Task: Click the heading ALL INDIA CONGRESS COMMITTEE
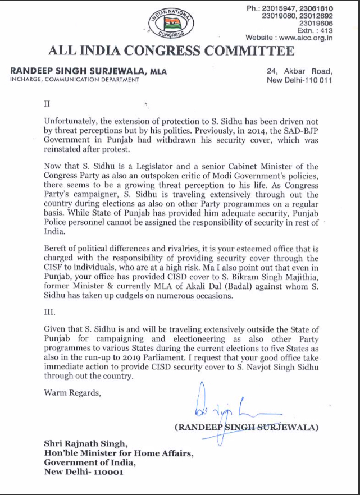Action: (x=171, y=51)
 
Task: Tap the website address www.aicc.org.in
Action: (x=306, y=38)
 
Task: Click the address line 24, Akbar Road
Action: (x=300, y=71)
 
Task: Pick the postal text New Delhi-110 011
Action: (x=300, y=80)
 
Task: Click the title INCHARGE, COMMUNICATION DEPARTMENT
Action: (x=75, y=80)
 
